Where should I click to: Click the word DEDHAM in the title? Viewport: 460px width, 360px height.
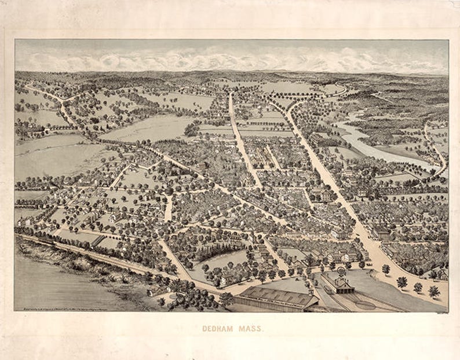(217, 328)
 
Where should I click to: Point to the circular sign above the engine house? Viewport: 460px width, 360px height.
(342, 270)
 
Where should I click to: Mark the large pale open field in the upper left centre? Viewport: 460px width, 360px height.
(145, 129)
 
